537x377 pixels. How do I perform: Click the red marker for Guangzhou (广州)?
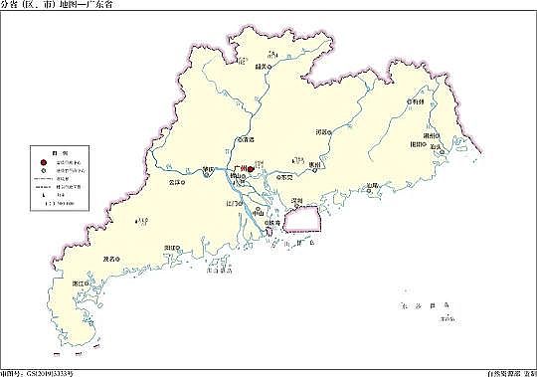click(252, 170)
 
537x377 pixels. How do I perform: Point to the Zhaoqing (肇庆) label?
click(207, 169)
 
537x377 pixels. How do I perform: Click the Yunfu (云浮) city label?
click(175, 185)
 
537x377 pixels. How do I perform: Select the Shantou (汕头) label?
click(435, 146)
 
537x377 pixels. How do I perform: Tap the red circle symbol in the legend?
click(43, 159)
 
